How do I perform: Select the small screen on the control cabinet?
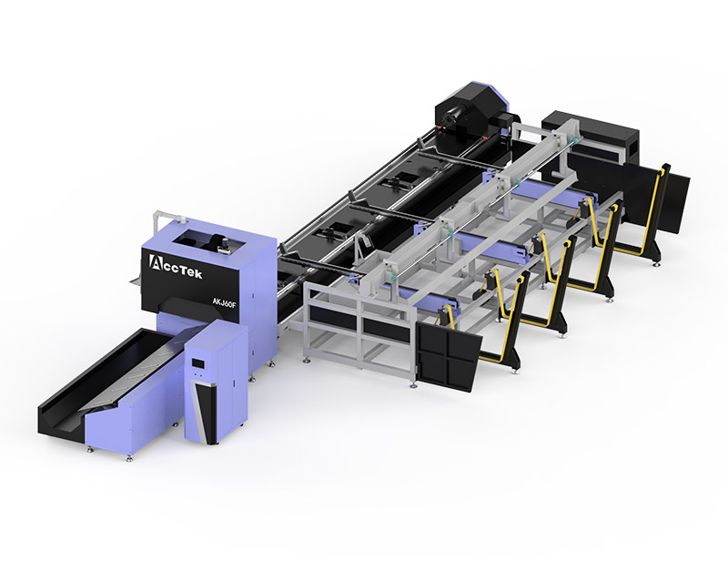tap(198, 363)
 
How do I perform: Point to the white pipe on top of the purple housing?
tap(169, 216)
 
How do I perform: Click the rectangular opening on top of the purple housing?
tap(205, 241)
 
